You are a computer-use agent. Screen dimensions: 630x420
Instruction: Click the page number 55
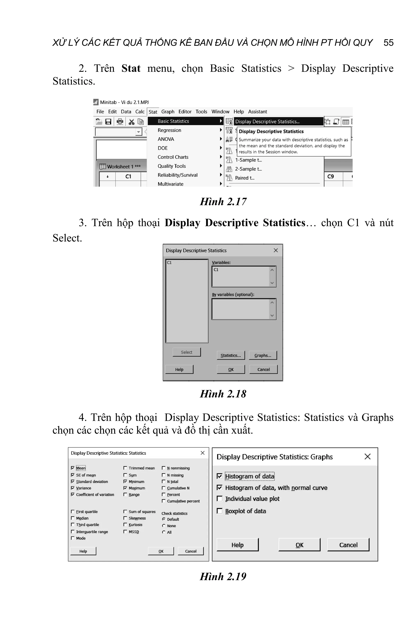coord(388,43)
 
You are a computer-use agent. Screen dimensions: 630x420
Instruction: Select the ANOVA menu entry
coord(166,139)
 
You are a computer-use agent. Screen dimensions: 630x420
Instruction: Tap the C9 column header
coord(331,176)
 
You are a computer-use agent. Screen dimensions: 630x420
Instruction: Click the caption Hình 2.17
coord(223,201)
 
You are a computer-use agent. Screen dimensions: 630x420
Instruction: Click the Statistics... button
coord(231,355)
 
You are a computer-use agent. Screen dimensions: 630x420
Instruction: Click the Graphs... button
coord(262,355)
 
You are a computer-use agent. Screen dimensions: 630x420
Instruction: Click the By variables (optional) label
coord(233,294)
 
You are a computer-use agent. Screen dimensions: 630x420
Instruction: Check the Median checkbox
coord(73,518)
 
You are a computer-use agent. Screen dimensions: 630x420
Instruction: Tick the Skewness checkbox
coord(125,518)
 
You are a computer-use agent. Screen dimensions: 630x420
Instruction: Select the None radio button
coord(164,526)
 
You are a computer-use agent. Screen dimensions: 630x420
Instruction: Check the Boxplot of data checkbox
coord(219,511)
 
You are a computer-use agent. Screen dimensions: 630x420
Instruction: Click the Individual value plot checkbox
coord(219,499)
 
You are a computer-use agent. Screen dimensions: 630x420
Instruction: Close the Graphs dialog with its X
coord(367,457)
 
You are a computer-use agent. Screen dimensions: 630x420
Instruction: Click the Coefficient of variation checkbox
coord(73,494)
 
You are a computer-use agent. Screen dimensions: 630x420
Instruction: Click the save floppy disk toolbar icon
coord(108,122)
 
